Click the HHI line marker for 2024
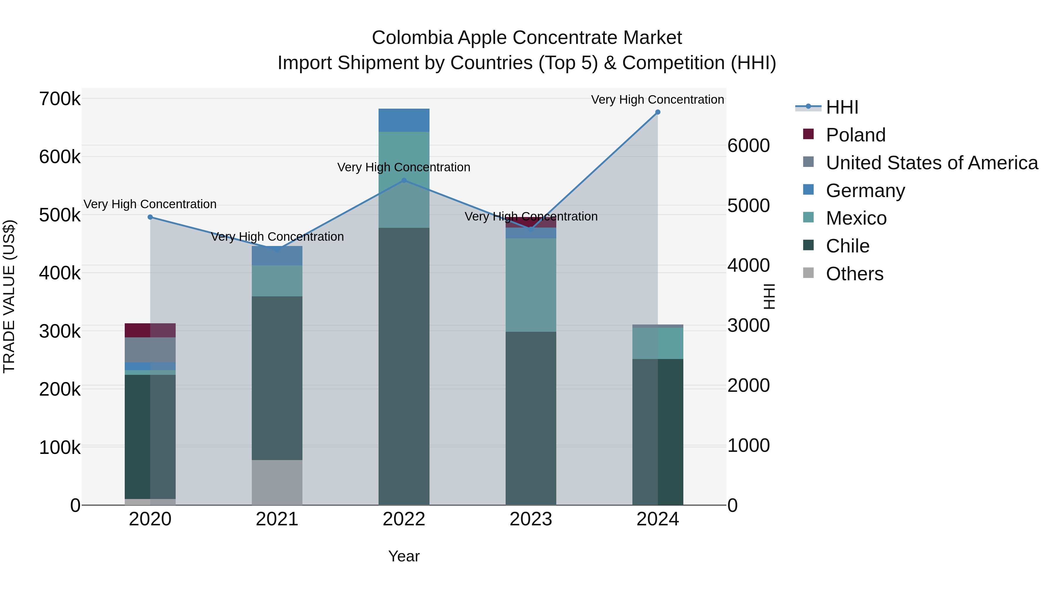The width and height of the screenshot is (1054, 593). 658,112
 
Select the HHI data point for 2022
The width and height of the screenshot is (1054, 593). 404,180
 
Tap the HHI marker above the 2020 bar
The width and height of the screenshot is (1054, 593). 150,217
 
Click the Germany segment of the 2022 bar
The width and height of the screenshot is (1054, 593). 404,120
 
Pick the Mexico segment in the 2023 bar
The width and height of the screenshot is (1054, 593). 531,285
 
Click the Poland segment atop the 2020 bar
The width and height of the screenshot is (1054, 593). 150,330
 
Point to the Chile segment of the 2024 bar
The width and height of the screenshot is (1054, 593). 658,432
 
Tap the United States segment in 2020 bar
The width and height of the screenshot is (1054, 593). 150,350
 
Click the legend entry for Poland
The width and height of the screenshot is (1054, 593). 855,135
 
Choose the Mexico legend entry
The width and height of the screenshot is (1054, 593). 856,218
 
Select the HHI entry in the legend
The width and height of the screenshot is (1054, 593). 842,107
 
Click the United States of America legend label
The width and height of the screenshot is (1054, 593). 932,163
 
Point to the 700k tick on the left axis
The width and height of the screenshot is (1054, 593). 60,99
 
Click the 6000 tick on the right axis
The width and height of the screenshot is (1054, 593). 748,146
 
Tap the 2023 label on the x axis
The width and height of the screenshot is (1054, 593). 531,519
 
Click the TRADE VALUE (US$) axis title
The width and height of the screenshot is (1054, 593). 9,296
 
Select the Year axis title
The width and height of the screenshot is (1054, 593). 404,556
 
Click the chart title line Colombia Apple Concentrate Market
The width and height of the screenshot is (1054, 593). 527,38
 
